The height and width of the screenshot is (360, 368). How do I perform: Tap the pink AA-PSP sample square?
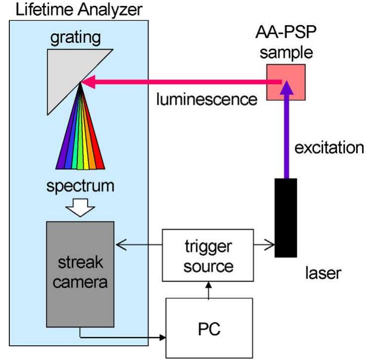(x=286, y=81)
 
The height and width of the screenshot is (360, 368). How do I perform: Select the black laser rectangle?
(x=286, y=217)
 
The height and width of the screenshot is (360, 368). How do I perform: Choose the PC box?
(x=209, y=328)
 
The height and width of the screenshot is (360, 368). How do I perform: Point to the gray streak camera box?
(x=80, y=273)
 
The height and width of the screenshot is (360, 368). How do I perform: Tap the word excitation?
(x=329, y=148)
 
